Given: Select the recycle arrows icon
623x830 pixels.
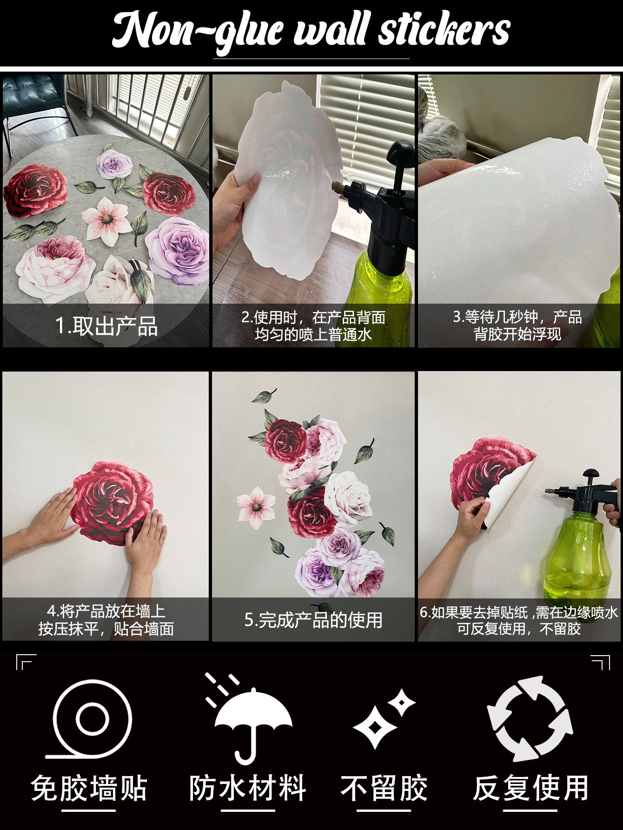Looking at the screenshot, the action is click(x=530, y=718).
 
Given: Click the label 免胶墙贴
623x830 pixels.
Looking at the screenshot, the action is click(x=89, y=788).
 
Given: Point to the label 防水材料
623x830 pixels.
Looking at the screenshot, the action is click(x=248, y=788).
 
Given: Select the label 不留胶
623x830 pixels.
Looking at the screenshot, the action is click(x=384, y=788).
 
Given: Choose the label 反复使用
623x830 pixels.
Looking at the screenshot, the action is click(x=530, y=788).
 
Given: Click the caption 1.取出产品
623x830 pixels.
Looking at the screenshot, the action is click(x=106, y=326).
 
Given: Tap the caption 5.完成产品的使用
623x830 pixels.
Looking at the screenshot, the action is click(x=313, y=620).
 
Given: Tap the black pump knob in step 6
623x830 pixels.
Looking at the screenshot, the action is click(x=591, y=474).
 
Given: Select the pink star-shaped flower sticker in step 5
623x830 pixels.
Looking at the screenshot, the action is click(x=256, y=507).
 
